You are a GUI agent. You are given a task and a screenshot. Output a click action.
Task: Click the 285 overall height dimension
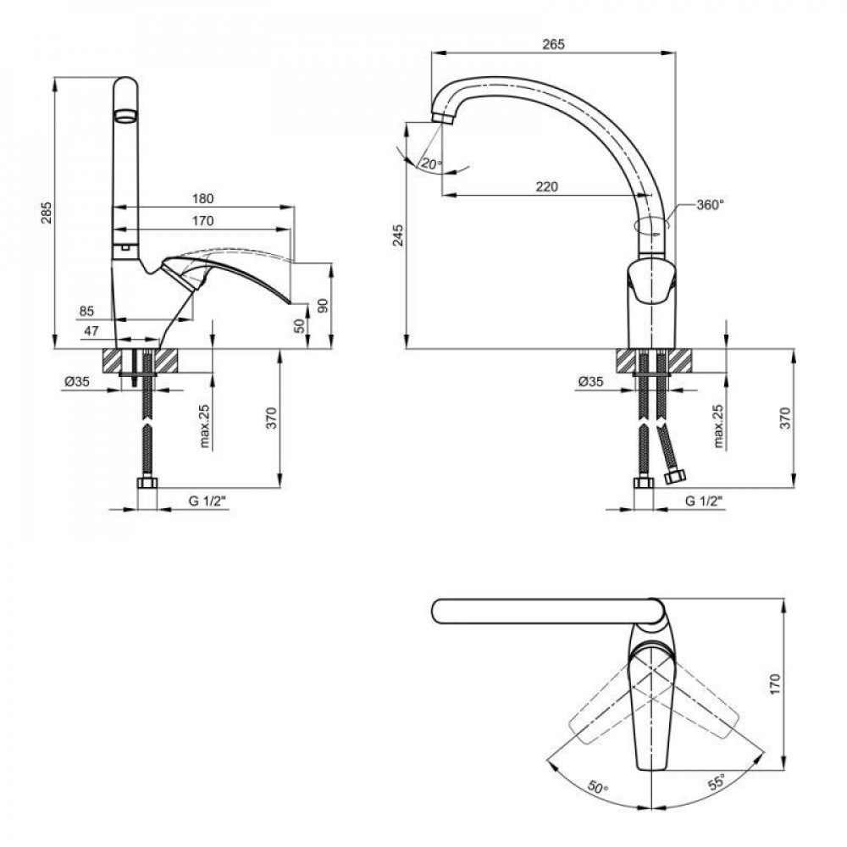(47, 213)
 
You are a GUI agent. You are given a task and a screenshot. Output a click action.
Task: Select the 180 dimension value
(203, 199)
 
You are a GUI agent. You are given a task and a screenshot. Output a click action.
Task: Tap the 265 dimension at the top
(554, 44)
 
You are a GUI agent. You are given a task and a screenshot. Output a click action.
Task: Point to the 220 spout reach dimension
(547, 187)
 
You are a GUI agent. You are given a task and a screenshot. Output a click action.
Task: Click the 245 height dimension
(398, 235)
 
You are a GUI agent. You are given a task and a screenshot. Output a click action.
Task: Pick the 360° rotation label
(710, 205)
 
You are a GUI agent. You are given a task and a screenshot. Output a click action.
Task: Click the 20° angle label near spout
(431, 163)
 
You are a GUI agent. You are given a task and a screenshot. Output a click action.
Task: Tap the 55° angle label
(717, 782)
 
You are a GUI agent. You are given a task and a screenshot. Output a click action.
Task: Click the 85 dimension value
(86, 311)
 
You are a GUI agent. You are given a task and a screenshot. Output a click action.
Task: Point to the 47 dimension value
(91, 331)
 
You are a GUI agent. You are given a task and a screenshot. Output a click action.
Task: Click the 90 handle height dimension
(323, 306)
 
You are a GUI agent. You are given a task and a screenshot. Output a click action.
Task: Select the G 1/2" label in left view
(208, 501)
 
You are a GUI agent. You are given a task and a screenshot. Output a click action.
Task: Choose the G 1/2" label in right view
(705, 501)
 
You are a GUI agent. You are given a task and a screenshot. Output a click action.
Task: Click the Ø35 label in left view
(77, 382)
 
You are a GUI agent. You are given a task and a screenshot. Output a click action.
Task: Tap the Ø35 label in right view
(590, 382)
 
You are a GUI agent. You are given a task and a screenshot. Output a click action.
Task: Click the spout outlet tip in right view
(442, 119)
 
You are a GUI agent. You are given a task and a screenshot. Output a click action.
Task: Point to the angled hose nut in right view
(675, 477)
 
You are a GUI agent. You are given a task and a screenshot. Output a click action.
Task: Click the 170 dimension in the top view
(776, 684)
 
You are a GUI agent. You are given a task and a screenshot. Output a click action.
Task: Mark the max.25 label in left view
(205, 427)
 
